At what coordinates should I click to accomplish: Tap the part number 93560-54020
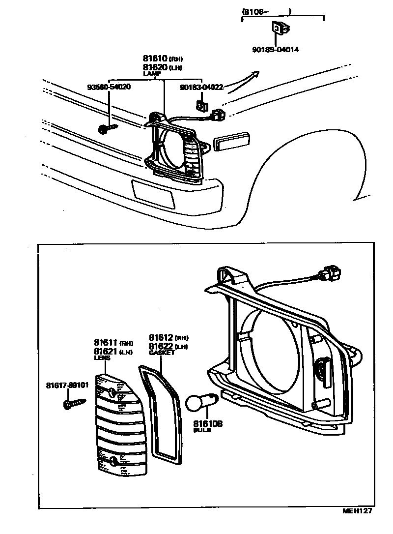[109, 87]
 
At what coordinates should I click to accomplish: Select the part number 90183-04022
[201, 88]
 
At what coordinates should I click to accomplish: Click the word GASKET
[162, 353]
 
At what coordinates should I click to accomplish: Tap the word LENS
[102, 358]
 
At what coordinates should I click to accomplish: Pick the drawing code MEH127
[357, 511]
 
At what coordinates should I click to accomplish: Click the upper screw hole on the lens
[112, 392]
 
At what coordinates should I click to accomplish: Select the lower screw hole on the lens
[115, 461]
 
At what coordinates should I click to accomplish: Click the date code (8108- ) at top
[267, 11]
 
